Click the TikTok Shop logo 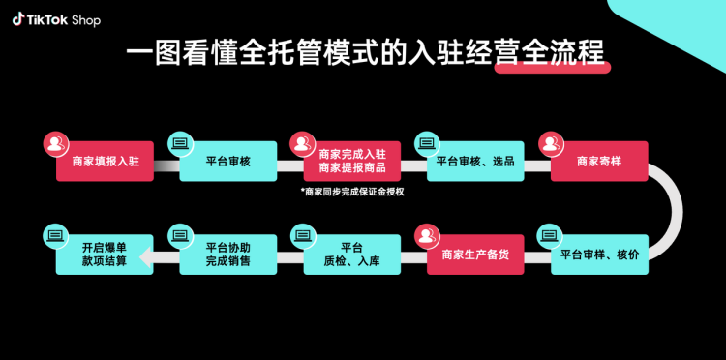click(56, 19)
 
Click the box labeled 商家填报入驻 click(106, 162)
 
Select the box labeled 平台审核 click(228, 162)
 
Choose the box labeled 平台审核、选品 click(475, 162)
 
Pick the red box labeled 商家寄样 click(599, 162)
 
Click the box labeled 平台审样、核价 click(599, 255)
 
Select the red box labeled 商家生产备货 click(475, 255)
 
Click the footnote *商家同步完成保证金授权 click(351, 192)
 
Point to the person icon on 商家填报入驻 click(55, 142)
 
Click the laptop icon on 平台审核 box click(179, 142)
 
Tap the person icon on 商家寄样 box click(550, 142)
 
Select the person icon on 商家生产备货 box click(426, 235)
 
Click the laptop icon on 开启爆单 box click(55, 235)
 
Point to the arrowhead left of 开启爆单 click(146, 256)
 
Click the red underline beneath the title click(552, 68)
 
